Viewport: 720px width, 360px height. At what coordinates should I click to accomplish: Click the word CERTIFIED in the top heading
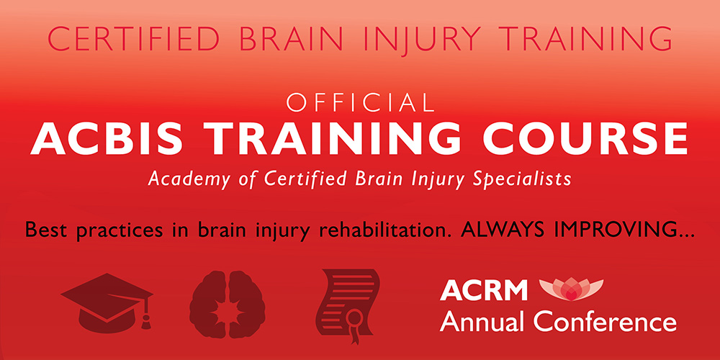[132, 39]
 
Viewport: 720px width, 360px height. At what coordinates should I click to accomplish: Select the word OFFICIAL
[360, 104]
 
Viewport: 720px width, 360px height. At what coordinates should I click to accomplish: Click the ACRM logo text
[484, 289]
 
